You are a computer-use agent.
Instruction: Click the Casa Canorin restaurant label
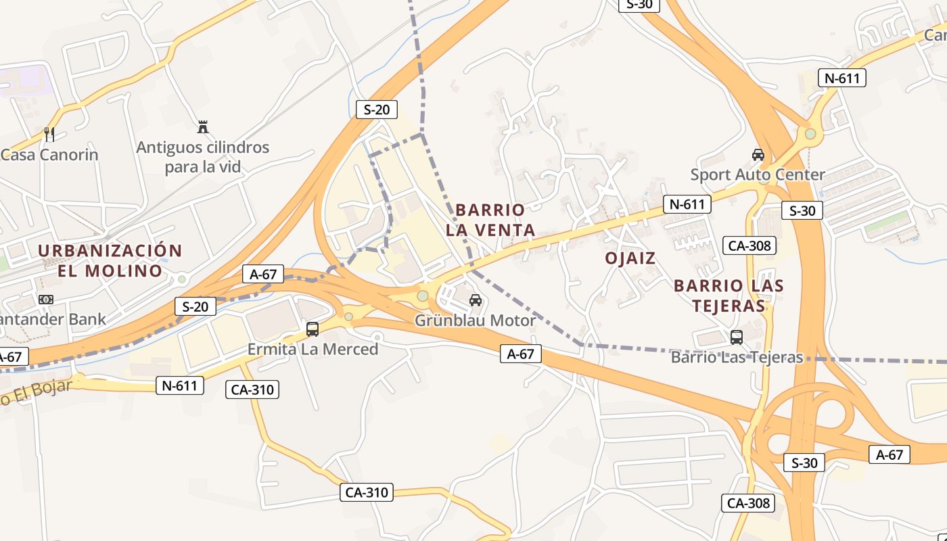49,154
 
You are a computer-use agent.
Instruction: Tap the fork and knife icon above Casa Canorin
49,134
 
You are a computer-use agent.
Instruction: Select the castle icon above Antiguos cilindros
202,126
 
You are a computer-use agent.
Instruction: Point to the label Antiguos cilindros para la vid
202,157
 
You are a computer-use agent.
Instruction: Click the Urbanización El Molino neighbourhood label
110,261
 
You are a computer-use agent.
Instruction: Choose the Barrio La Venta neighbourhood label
490,220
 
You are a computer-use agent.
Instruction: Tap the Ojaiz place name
630,258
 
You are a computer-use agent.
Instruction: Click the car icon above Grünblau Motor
476,300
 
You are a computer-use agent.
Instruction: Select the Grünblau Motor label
475,321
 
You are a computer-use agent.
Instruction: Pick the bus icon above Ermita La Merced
313,329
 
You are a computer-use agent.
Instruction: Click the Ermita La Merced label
313,349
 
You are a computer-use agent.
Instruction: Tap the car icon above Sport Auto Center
758,155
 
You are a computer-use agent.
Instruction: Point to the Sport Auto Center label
758,174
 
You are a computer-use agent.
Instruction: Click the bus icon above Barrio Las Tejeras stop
737,337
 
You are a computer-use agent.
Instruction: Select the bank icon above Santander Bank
46,299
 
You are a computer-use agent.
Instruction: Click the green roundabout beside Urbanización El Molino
181,279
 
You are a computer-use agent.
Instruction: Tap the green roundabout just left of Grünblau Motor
423,296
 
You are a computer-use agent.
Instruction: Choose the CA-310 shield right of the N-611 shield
252,390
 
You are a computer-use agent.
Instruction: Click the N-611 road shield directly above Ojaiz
687,204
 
